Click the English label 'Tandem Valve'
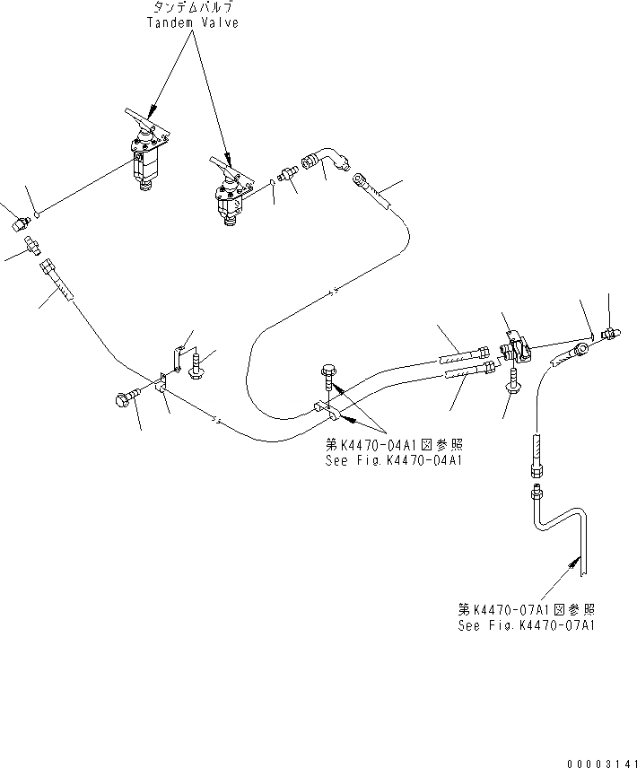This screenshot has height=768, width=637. pos(193,22)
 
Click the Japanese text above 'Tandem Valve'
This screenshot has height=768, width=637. pos(193,8)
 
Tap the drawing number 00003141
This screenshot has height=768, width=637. pos(601,763)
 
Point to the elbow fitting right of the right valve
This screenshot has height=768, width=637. pos(327,162)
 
